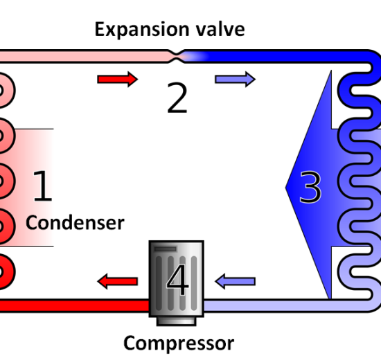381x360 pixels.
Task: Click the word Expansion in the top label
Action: pyautogui.click(x=142, y=30)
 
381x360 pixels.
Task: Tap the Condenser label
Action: pyautogui.click(x=75, y=223)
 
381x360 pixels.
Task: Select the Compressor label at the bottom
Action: pyautogui.click(x=179, y=343)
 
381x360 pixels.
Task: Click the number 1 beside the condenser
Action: pyautogui.click(x=43, y=186)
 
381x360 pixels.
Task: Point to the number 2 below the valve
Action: pyautogui.click(x=177, y=98)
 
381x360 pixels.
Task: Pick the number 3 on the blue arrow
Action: pyautogui.click(x=310, y=186)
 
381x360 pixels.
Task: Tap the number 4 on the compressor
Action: pyautogui.click(x=177, y=280)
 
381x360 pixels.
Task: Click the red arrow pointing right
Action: pyautogui.click(x=118, y=79)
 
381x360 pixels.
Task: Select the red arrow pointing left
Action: pyautogui.click(x=118, y=281)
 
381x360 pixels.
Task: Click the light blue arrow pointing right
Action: pyautogui.click(x=236, y=79)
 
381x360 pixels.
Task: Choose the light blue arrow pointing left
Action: pyautogui.click(x=236, y=281)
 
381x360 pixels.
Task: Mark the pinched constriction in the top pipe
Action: pyautogui.click(x=177, y=56)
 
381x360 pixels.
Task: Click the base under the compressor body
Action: pyautogui.click(x=177, y=321)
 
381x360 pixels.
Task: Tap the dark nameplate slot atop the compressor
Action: pyautogui.click(x=166, y=249)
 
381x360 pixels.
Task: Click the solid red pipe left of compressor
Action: pyautogui.click(x=74, y=305)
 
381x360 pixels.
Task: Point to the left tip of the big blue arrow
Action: pyautogui.click(x=285, y=187)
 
